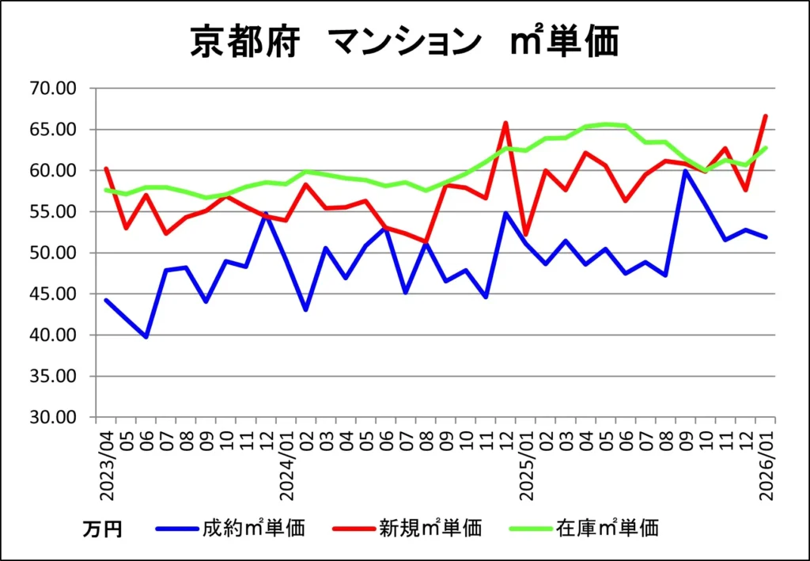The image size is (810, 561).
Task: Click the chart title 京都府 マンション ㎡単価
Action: click(x=404, y=41)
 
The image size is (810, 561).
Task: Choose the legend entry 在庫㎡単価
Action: click(x=607, y=528)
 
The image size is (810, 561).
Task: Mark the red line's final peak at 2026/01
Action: click(x=766, y=116)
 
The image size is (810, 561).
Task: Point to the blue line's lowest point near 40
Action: click(x=146, y=336)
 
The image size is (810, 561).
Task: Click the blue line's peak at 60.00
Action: click(x=686, y=171)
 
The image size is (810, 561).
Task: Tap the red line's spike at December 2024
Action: click(x=505, y=123)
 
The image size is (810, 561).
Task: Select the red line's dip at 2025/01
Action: click(x=526, y=235)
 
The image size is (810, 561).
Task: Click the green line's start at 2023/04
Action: click(x=107, y=190)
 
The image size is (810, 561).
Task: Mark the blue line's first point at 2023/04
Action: click(x=107, y=300)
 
